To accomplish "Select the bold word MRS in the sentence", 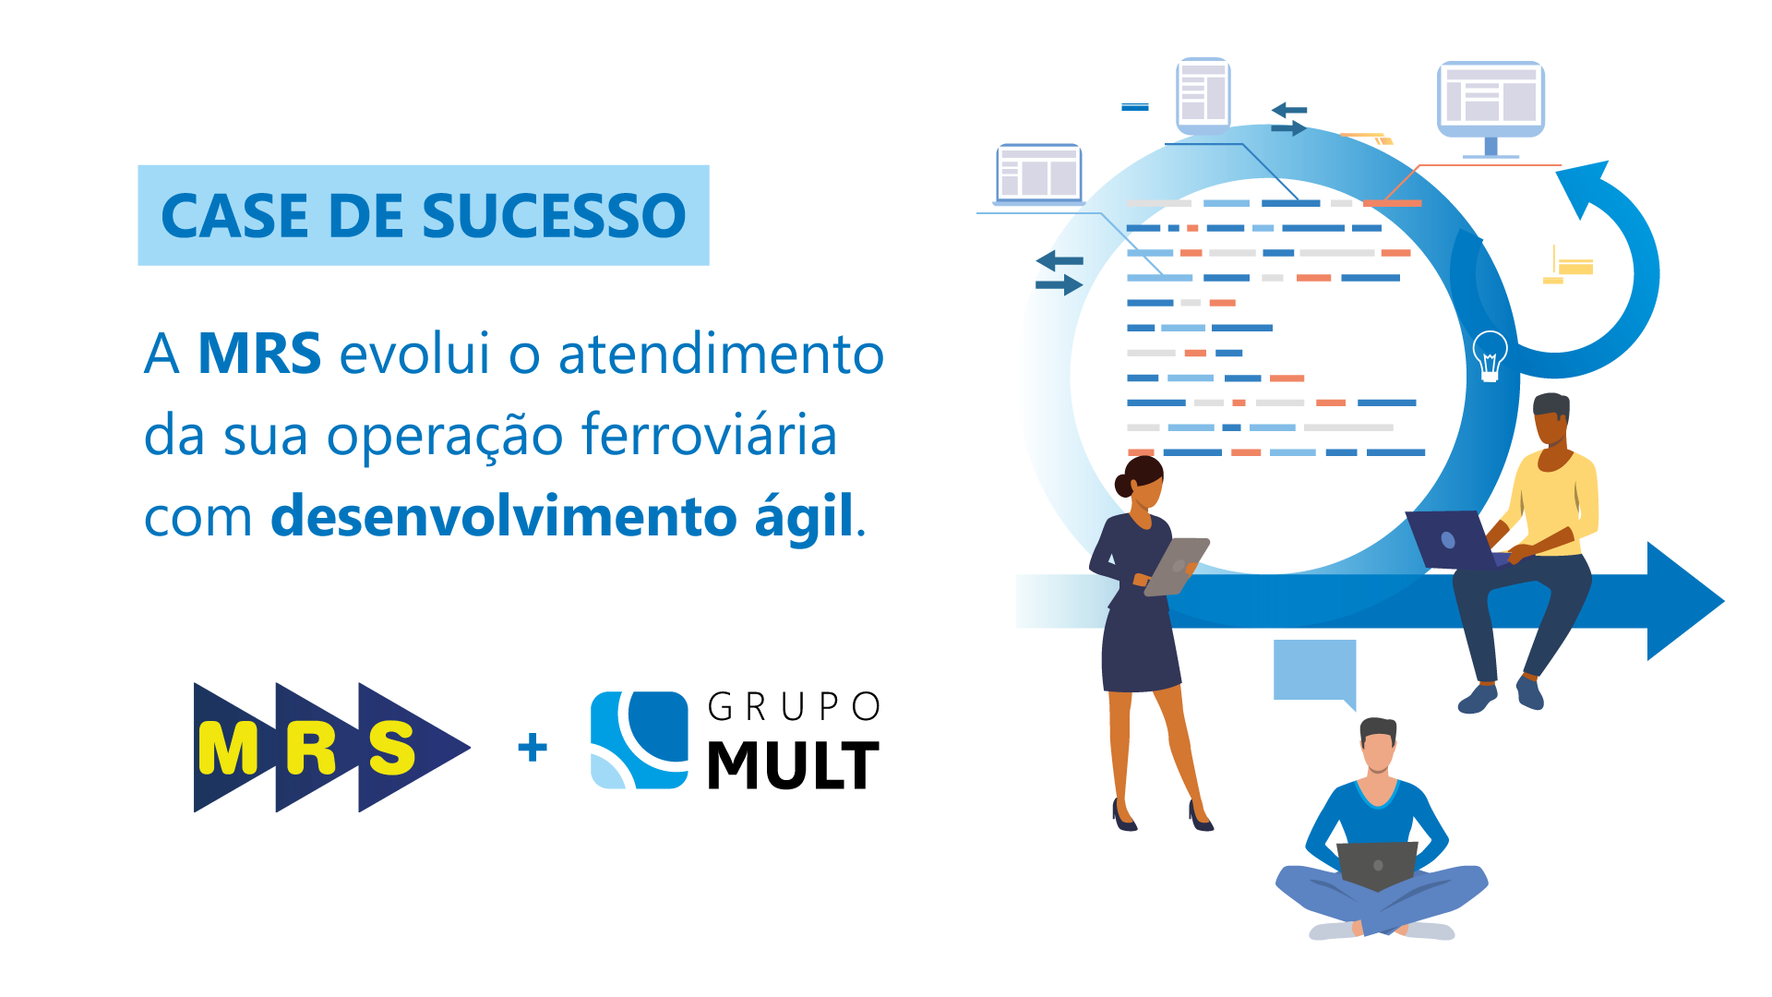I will coord(259,354).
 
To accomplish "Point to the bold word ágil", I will coord(804,517).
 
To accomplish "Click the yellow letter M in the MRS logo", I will coord(228,749).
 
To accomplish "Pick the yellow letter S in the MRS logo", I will coord(392,749).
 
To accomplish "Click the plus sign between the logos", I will coord(533,747).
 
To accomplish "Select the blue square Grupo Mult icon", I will coord(640,740).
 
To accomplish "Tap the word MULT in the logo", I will coord(793,765).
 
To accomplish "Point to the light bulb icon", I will coord(1490,354).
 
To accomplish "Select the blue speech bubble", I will coord(1314,670).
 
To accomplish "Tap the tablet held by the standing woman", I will coord(1176,565).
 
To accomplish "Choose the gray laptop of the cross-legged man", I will coord(1377,865).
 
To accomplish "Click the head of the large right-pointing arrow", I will coord(1683,601).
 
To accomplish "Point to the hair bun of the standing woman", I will coord(1124,485).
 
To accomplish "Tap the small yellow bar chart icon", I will coord(1569,266).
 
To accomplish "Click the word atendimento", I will coord(721,354).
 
